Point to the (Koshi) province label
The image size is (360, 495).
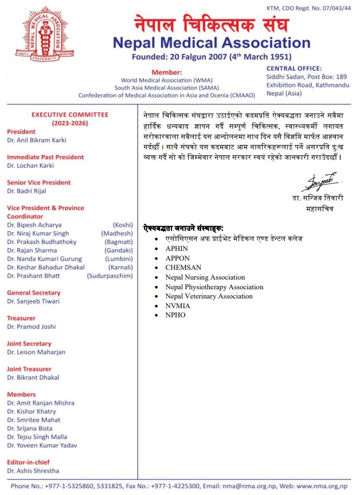click(x=123, y=225)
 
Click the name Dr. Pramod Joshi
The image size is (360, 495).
click(x=32, y=327)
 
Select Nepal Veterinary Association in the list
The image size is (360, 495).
click(x=209, y=296)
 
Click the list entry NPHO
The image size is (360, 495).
click(x=175, y=315)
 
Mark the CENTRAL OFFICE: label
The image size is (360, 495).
click(x=294, y=68)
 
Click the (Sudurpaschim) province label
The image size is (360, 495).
click(x=109, y=276)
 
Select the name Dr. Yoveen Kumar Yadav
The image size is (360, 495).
click(x=42, y=445)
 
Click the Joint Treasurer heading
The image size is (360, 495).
click(x=29, y=369)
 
